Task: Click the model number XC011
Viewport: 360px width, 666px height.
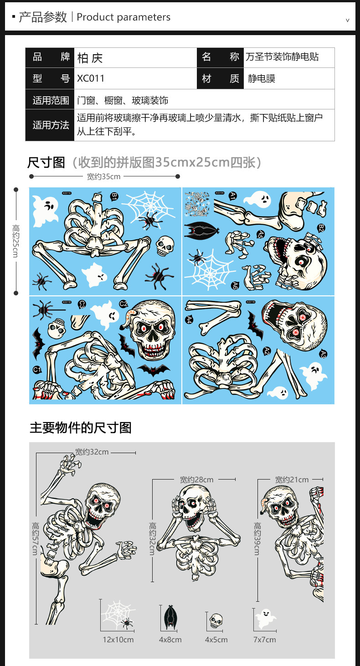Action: click(x=91, y=78)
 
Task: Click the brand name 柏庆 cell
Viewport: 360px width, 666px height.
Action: click(x=90, y=58)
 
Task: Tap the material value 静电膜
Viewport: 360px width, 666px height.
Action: click(x=262, y=78)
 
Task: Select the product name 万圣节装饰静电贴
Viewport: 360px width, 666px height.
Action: click(x=282, y=57)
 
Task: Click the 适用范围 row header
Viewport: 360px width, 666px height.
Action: click(x=51, y=100)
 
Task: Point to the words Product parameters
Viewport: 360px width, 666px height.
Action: click(x=123, y=17)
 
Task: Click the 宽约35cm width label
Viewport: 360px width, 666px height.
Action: click(x=104, y=176)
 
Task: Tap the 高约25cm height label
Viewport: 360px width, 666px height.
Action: click(x=15, y=241)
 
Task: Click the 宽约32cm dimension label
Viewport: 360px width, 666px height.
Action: click(x=92, y=452)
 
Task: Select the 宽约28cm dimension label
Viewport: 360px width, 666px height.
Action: click(x=196, y=480)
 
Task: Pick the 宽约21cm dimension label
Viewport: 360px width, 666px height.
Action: click(x=292, y=480)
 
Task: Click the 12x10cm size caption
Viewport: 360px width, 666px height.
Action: click(x=118, y=640)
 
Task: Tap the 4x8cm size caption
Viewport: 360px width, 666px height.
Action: click(x=170, y=640)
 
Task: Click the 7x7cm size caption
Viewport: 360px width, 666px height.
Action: click(x=265, y=640)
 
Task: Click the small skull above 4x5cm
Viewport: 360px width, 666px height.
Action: click(x=216, y=620)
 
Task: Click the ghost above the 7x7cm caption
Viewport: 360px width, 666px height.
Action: click(x=265, y=619)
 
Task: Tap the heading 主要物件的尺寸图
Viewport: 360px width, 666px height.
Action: click(x=81, y=428)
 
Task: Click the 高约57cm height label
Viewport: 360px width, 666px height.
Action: click(x=35, y=538)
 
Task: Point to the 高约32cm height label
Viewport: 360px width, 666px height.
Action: click(x=153, y=538)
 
